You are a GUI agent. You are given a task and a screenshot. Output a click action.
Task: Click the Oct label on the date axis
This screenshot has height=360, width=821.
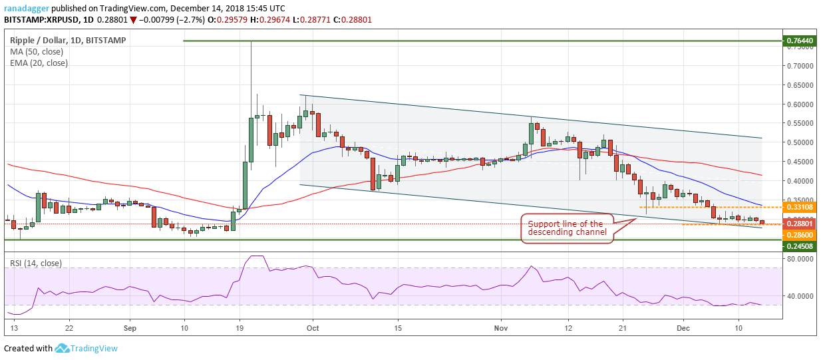click(313, 328)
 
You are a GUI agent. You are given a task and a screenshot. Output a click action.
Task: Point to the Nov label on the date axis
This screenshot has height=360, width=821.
click(501, 328)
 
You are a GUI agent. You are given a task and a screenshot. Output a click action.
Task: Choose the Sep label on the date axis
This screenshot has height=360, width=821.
click(130, 328)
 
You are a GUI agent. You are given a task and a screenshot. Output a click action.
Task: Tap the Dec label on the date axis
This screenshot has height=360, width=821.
click(683, 328)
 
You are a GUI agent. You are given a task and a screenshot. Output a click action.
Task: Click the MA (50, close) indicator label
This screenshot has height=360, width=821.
click(37, 52)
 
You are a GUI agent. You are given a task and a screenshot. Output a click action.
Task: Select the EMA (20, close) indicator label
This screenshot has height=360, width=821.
click(39, 63)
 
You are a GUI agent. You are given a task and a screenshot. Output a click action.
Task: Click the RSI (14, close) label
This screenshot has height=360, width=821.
click(36, 264)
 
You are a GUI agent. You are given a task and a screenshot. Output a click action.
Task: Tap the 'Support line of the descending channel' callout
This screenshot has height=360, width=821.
click(567, 228)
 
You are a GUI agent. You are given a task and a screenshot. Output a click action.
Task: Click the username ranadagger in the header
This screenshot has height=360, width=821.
click(27, 8)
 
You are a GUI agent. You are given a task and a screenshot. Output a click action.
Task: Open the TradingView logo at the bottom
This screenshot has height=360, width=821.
click(86, 348)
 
